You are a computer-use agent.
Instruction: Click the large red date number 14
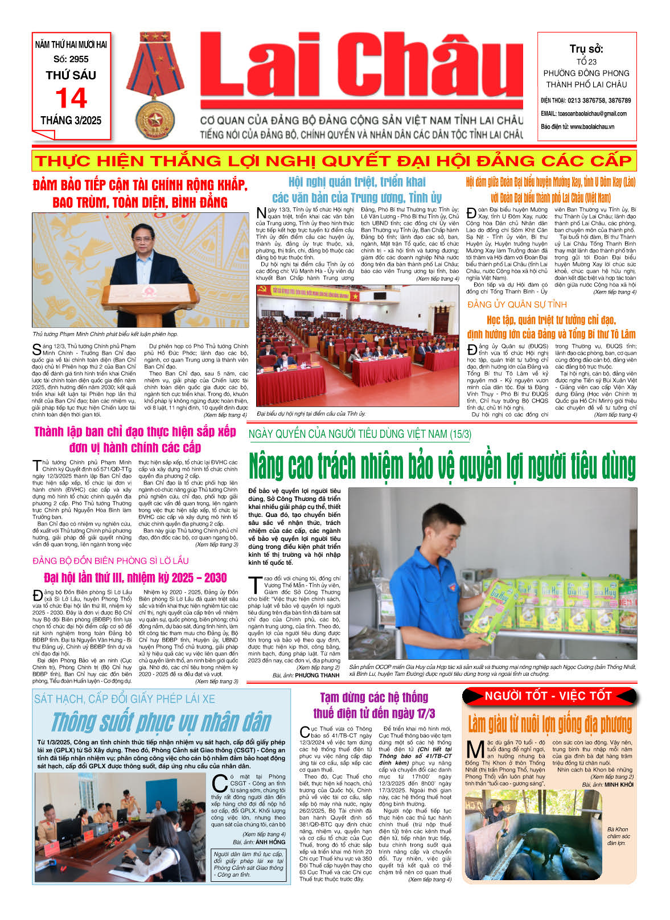(x=71, y=98)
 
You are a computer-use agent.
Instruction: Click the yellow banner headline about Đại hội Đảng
(x=334, y=161)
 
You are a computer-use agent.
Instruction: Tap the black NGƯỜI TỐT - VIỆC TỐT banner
(x=548, y=696)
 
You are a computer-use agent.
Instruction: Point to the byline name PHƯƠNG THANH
(x=317, y=675)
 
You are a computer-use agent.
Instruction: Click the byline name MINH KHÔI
(x=619, y=785)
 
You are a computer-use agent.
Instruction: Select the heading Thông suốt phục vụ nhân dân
(x=161, y=722)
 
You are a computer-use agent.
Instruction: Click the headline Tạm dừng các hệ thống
(x=373, y=705)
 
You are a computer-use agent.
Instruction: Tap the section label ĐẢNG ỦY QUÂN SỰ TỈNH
(x=517, y=305)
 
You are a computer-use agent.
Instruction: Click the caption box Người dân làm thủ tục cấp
(x=248, y=864)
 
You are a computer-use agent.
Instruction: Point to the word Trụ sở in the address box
(x=586, y=49)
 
